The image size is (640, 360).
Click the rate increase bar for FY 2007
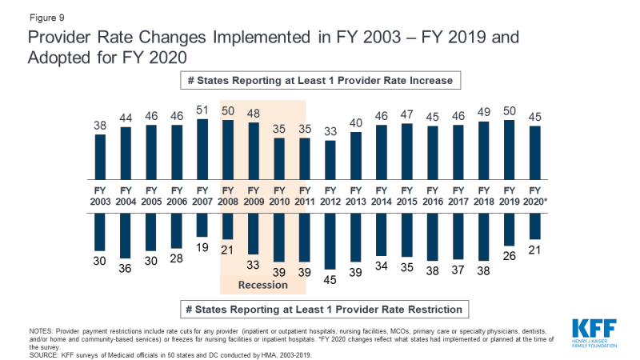pyautogui.click(x=202, y=149)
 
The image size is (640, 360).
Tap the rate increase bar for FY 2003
pyautogui.click(x=100, y=156)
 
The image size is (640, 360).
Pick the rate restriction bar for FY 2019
pyautogui.click(x=509, y=228)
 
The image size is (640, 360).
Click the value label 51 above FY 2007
pyautogui.click(x=202, y=110)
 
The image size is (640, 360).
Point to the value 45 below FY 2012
pyautogui.click(x=330, y=281)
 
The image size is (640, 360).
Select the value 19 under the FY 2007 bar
pyautogui.click(x=202, y=248)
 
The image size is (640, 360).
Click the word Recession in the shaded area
pyautogui.click(x=264, y=285)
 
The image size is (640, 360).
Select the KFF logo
pyautogui.click(x=594, y=332)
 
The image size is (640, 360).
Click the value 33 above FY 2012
pyautogui.click(x=330, y=130)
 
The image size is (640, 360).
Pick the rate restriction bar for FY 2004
pyautogui.click(x=126, y=233)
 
